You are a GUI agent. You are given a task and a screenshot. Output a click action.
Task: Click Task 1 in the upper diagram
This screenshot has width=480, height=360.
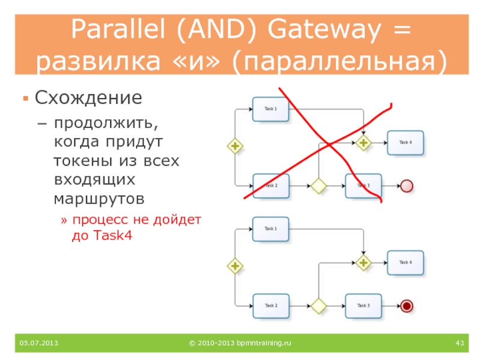271,109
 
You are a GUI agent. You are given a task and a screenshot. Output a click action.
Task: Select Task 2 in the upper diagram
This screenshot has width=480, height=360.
271,185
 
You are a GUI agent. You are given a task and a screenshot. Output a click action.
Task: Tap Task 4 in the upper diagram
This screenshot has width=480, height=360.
405,142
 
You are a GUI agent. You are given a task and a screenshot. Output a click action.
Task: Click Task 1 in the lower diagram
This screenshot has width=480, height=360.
271,229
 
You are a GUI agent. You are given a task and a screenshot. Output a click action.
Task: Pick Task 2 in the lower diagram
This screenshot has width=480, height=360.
271,305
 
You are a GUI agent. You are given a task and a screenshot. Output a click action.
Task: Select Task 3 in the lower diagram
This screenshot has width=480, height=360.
363,305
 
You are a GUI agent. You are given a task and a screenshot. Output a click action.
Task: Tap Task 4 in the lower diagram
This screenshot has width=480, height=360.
405,262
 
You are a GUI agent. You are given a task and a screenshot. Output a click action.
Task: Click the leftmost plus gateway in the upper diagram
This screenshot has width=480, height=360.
235,145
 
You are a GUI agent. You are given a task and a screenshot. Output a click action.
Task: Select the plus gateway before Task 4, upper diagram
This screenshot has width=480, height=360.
364,143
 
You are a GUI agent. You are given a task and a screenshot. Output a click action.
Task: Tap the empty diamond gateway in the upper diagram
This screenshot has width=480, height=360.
317,186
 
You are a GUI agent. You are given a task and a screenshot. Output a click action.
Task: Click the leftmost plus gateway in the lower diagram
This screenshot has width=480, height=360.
235,265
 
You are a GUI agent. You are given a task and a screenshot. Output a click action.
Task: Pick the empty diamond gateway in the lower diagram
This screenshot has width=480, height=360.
317,306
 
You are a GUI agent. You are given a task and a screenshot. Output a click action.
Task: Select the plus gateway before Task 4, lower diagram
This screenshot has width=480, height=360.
364,263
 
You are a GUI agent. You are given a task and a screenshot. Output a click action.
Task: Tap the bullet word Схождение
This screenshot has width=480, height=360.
88,97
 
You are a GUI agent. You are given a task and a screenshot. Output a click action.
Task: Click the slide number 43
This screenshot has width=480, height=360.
460,343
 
